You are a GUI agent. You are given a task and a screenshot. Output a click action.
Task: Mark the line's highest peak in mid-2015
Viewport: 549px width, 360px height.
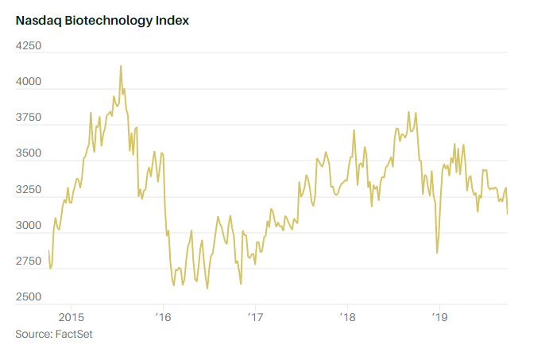pyautogui.click(x=121, y=66)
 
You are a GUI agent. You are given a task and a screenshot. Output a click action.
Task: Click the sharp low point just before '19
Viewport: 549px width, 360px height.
pyautogui.click(x=437, y=253)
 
